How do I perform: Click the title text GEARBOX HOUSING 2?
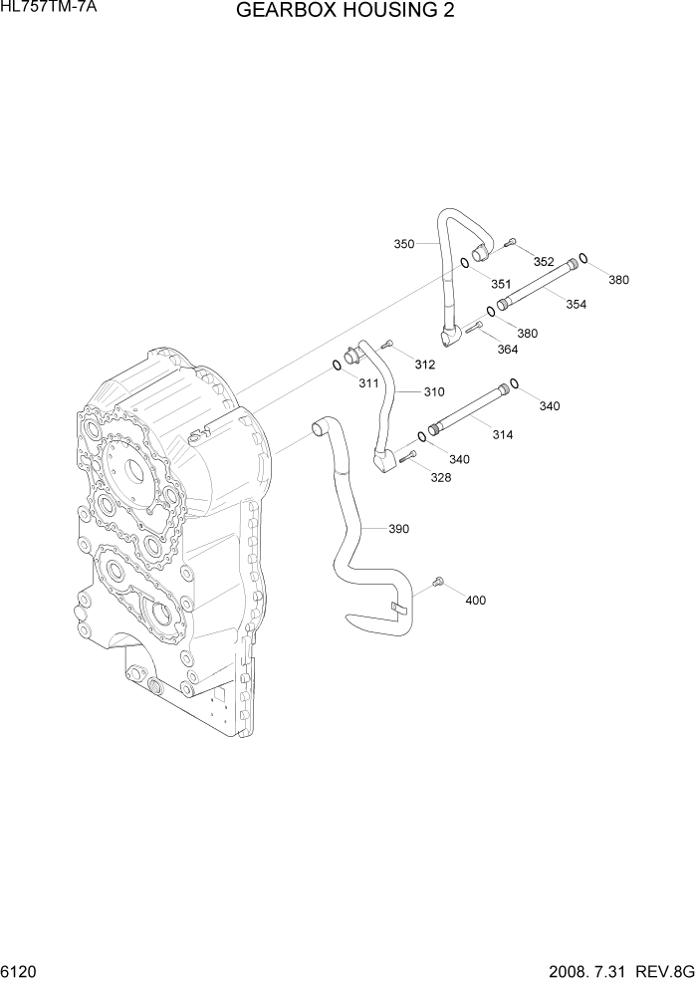click(348, 12)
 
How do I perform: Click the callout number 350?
click(404, 243)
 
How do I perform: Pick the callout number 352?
click(544, 261)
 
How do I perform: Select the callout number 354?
click(576, 304)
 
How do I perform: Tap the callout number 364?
click(508, 349)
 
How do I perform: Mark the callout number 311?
click(368, 382)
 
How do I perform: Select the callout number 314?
click(503, 435)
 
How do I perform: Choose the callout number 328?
click(440, 477)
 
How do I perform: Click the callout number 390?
click(398, 528)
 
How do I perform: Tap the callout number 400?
click(476, 600)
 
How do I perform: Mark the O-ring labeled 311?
click(337, 368)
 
